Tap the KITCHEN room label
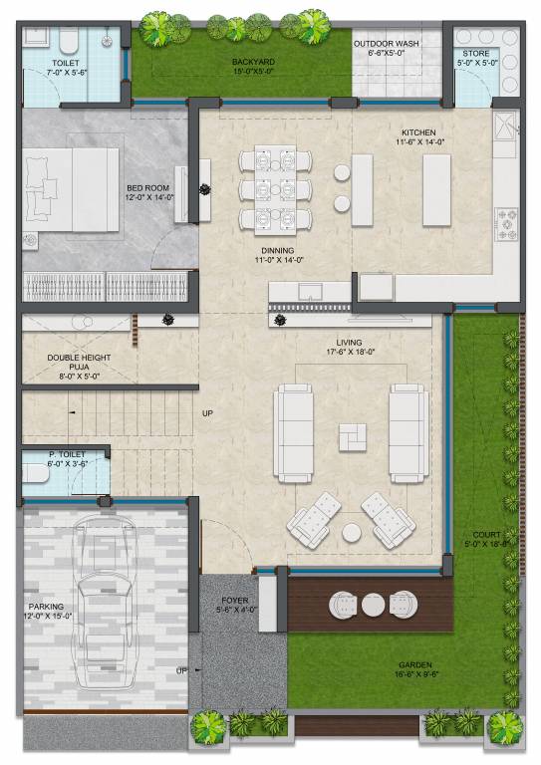418,132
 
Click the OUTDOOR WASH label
394,44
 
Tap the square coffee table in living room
352,435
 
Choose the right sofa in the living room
408,432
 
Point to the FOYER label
235,602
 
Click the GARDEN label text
414,664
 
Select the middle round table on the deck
373,604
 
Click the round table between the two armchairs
352,533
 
